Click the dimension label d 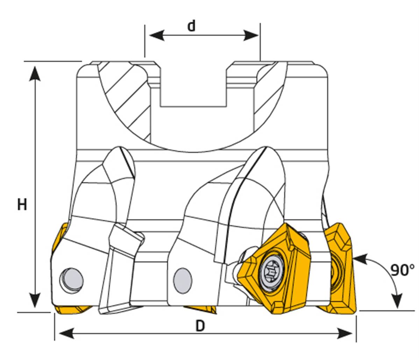click(x=191, y=26)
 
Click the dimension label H click(x=22, y=204)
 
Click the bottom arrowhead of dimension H click(x=35, y=300)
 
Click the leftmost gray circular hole click(x=72, y=280)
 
